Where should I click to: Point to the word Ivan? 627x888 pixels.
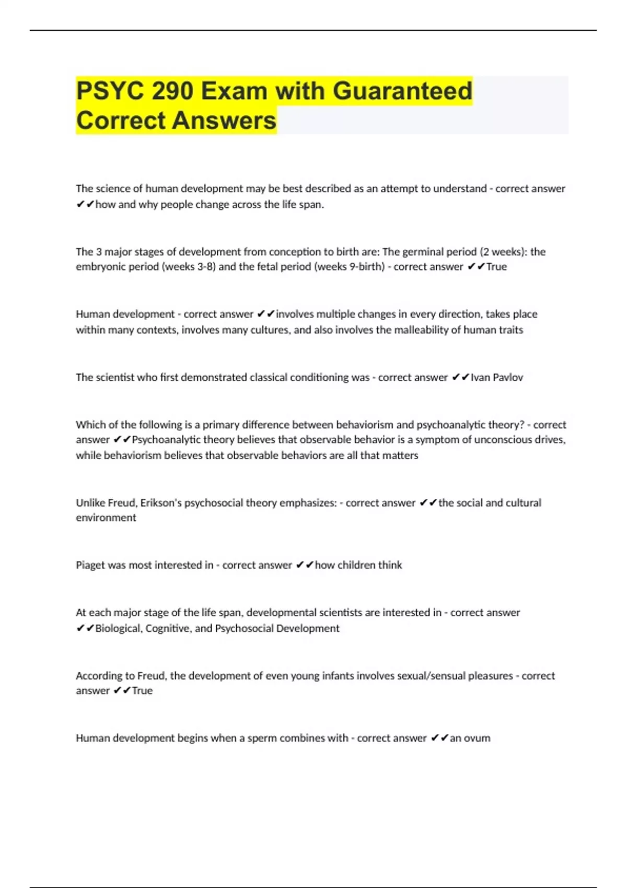click(480, 377)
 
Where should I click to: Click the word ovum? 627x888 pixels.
click(477, 738)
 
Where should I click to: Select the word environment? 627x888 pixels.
click(106, 518)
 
